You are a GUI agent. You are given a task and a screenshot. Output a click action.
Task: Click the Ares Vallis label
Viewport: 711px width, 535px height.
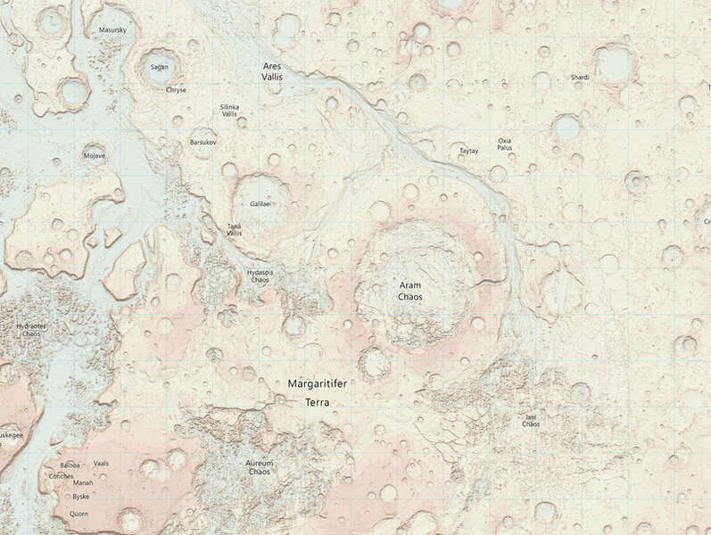click(273, 72)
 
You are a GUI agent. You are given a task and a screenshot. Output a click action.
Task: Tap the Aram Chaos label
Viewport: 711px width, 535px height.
click(410, 291)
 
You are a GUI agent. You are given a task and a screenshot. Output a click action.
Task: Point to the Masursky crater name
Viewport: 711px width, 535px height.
click(112, 30)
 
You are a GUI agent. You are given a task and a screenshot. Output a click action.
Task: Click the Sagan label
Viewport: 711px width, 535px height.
click(159, 67)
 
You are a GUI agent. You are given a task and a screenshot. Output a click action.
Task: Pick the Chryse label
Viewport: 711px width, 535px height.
click(176, 90)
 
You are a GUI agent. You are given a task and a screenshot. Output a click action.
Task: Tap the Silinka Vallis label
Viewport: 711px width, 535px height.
click(229, 111)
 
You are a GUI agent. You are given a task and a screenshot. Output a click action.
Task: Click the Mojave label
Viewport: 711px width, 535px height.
click(94, 156)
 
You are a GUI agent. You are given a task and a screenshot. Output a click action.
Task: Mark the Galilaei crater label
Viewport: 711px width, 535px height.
click(260, 203)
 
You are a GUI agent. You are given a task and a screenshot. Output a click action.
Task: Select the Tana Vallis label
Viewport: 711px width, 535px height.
click(235, 230)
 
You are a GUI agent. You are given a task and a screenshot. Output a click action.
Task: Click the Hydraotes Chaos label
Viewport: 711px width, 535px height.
click(29, 330)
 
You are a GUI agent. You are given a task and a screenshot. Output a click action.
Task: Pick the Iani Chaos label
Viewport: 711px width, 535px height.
click(530, 420)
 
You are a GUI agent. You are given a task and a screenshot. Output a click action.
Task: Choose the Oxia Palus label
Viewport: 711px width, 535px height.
click(505, 144)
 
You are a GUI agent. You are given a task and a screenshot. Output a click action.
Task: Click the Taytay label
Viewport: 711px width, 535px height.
click(468, 151)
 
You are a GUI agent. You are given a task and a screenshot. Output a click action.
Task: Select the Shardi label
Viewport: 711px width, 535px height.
click(580, 78)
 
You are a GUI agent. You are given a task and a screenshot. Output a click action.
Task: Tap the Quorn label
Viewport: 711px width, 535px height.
click(79, 514)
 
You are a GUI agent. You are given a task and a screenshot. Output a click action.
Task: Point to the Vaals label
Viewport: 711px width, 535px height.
click(101, 464)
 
